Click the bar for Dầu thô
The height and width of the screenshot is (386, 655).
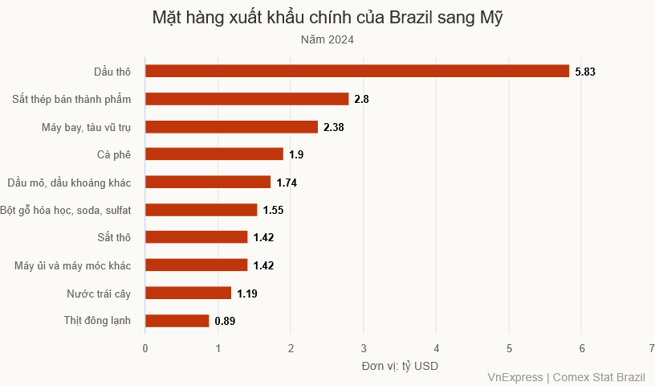[357, 72]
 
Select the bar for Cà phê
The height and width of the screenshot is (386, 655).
[214, 154]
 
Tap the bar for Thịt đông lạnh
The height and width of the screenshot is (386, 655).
[177, 321]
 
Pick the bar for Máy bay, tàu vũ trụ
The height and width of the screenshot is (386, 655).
[231, 127]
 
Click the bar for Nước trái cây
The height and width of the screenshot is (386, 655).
[188, 294]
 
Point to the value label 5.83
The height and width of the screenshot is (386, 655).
[585, 72]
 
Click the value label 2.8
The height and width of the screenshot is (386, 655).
[361, 100]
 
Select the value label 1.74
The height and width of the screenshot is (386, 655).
[287, 183]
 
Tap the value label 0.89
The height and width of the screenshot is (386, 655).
[225, 321]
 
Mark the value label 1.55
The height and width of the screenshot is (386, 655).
[274, 211]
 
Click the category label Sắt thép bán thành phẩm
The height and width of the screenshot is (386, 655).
[71, 100]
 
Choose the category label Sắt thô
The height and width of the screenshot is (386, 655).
[113, 238]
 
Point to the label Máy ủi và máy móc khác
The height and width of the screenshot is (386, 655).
[73, 265]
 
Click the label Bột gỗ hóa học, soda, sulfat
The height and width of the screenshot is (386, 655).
[66, 211]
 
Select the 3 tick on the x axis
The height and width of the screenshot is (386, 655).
[364, 348]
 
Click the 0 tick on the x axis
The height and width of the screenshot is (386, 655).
[145, 348]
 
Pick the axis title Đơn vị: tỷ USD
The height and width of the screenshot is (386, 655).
[400, 366]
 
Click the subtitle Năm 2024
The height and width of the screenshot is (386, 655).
[327, 39]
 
